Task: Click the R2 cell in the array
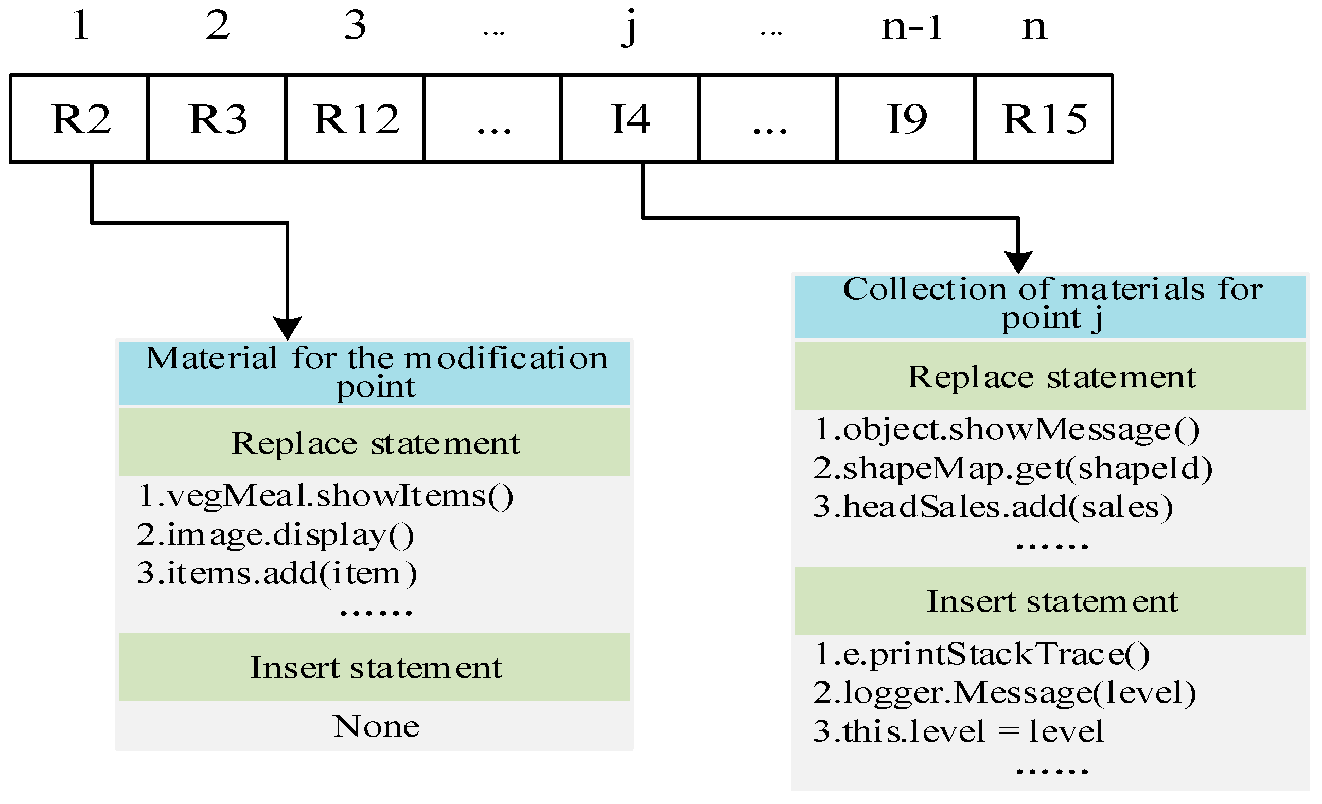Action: (79, 118)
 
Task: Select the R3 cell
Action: (217, 118)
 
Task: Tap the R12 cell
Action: (355, 118)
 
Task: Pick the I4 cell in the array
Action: (630, 118)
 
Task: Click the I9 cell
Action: (906, 118)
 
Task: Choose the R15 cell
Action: (1044, 118)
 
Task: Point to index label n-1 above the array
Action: (911, 27)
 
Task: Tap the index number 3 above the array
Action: (355, 25)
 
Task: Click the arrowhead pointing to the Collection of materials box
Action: (1018, 262)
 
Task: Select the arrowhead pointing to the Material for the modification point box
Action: (288, 328)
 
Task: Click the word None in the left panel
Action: (376, 727)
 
